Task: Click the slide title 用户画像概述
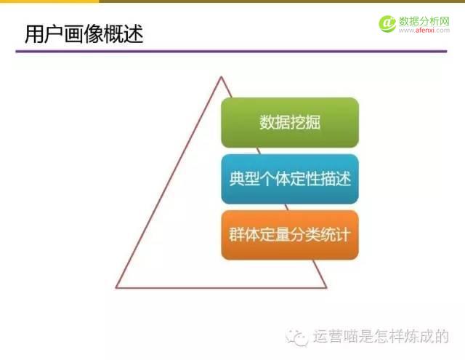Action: pyautogui.click(x=84, y=33)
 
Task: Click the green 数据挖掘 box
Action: pyautogui.click(x=290, y=122)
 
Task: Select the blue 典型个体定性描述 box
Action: pyautogui.click(x=290, y=179)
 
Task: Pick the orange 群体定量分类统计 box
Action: pyautogui.click(x=290, y=236)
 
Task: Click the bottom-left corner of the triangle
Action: pyautogui.click(x=116, y=287)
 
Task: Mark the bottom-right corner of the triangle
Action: pyautogui.click(x=326, y=287)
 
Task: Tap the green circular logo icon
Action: pyautogui.click(x=387, y=23)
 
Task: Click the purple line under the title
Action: pyautogui.click(x=232, y=52)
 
